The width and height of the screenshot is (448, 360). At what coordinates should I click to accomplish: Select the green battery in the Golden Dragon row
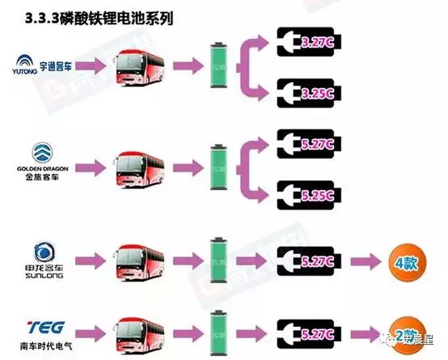(218, 168)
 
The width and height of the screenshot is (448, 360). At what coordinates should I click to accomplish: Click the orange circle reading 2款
(404, 332)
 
